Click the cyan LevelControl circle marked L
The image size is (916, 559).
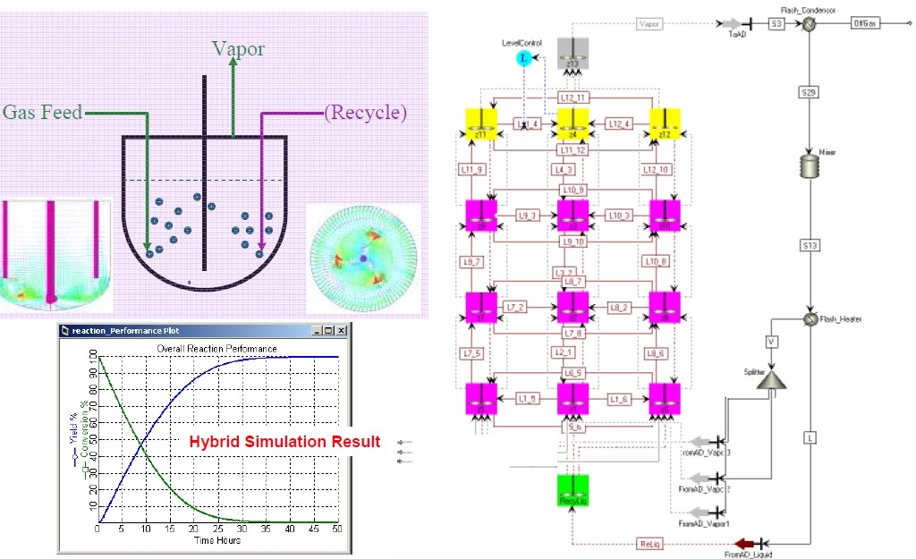(x=524, y=59)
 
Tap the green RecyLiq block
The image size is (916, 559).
(x=572, y=490)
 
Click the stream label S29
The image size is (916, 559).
(x=809, y=91)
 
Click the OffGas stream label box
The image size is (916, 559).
(x=864, y=25)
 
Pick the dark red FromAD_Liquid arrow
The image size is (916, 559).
(x=742, y=543)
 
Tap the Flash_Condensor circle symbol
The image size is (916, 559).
(x=808, y=25)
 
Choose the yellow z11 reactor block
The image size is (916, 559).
(x=480, y=126)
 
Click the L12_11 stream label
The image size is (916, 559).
(x=572, y=97)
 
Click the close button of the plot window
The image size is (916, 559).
(x=343, y=331)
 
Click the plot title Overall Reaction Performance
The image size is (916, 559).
(x=216, y=348)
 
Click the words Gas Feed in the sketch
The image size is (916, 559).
(x=42, y=113)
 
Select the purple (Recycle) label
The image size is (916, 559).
(x=365, y=113)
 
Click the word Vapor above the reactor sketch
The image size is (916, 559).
(x=238, y=49)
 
